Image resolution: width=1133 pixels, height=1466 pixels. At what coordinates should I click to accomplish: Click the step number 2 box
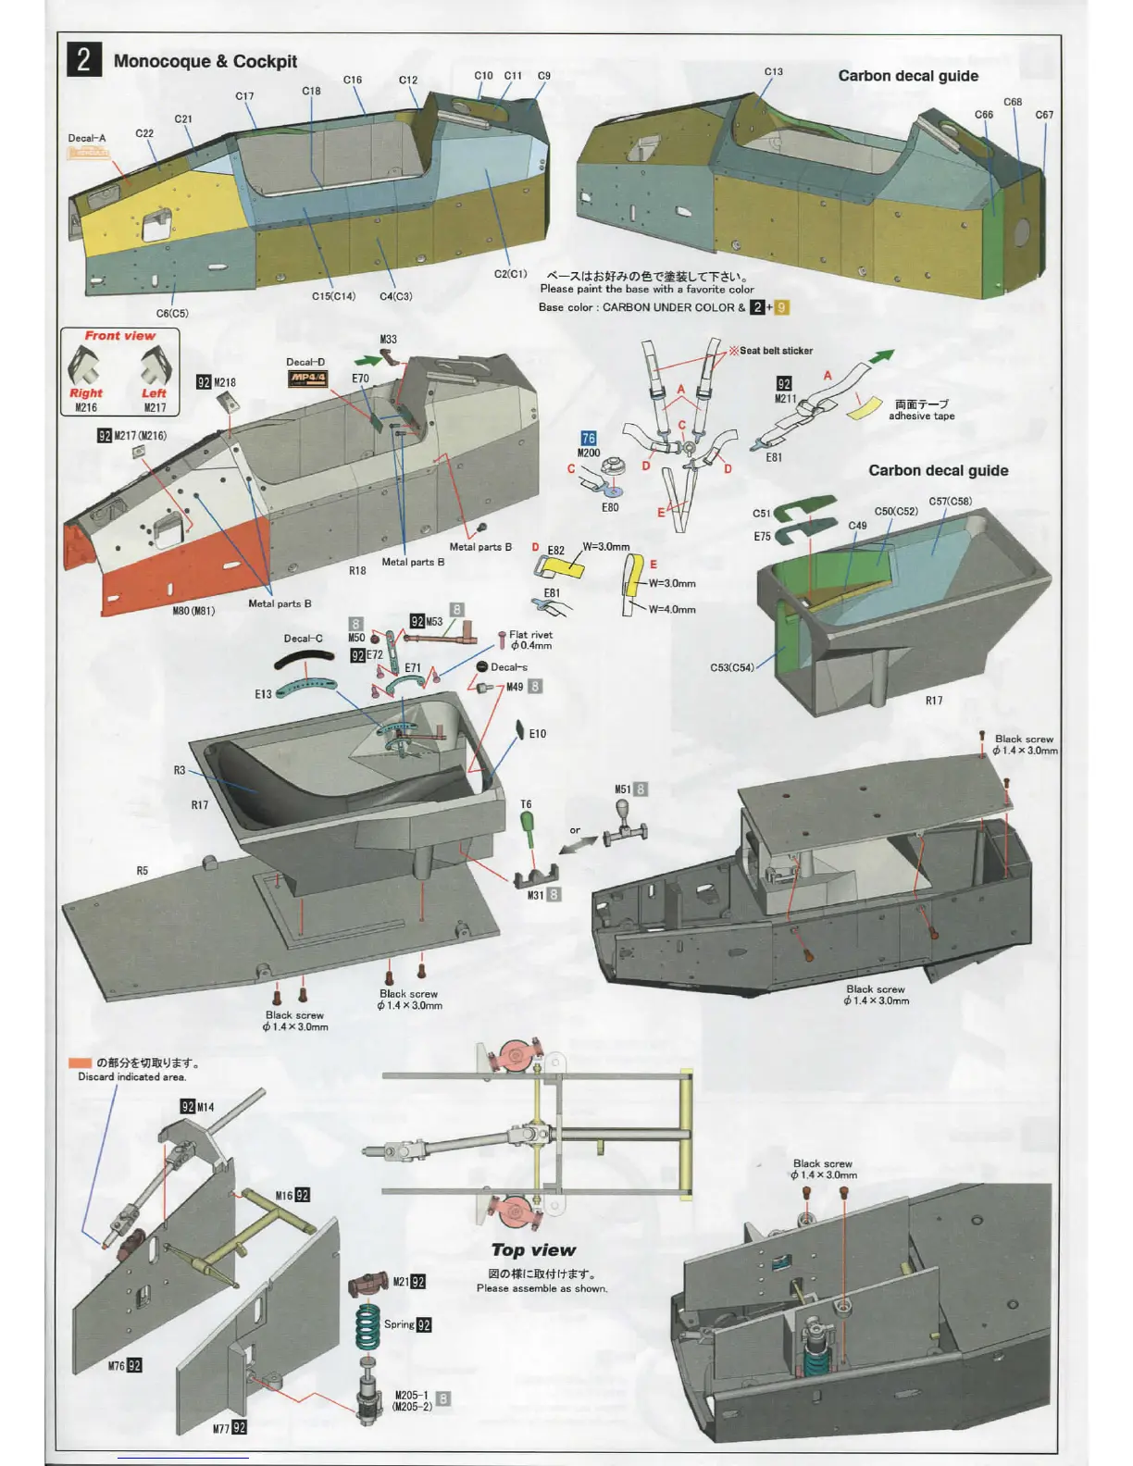point(83,59)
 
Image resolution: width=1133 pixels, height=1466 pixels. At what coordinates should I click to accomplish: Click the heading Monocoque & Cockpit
point(205,61)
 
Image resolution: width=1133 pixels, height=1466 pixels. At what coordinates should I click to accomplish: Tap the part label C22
point(144,133)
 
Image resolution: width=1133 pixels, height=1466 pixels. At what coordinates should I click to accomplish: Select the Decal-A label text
point(87,138)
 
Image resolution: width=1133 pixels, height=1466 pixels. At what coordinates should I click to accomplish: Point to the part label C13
point(773,71)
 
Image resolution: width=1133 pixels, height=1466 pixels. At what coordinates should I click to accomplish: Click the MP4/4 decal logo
point(307,379)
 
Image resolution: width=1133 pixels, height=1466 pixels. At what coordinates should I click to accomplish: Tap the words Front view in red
point(120,336)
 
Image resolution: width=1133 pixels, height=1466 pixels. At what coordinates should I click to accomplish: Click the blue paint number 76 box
point(589,439)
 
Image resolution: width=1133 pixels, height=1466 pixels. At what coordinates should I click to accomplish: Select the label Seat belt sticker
point(776,351)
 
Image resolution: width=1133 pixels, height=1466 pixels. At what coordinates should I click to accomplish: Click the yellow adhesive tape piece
point(865,408)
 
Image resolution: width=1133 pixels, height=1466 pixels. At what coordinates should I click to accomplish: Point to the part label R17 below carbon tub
point(934,701)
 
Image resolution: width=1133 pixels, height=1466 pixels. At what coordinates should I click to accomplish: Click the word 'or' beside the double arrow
point(575,830)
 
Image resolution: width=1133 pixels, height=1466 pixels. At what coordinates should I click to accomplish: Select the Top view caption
point(533,1250)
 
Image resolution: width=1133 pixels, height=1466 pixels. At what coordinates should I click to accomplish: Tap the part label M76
point(116,1366)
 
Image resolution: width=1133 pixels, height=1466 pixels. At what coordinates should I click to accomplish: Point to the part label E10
point(537,734)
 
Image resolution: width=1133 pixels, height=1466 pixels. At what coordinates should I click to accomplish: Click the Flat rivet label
point(530,635)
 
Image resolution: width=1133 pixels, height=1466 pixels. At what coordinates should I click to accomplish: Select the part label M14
point(205,1107)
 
